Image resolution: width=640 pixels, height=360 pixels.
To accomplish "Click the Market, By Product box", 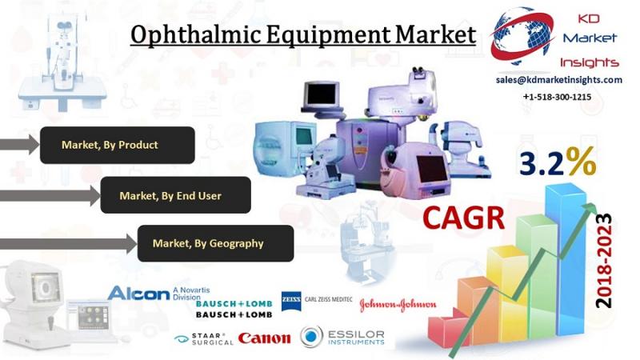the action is [117, 145].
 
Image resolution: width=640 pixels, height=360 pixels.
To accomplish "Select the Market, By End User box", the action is [175, 195].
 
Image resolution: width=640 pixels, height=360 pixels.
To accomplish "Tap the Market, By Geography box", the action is [215, 243].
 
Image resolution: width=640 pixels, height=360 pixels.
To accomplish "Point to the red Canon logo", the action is [265, 338].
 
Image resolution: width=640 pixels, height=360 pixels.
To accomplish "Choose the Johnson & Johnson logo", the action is [398, 305].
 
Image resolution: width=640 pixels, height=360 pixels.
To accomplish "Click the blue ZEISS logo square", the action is [291, 302].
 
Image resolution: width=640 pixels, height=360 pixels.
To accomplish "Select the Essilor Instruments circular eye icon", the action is [311, 336].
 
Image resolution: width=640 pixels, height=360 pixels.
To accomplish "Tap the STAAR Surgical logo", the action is [204, 338].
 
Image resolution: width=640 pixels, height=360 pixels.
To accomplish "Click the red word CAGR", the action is [464, 218].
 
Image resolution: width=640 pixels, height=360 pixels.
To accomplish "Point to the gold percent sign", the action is [581, 162].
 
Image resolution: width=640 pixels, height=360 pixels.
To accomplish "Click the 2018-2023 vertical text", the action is [604, 261].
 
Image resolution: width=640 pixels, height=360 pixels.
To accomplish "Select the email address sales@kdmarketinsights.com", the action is [558, 80].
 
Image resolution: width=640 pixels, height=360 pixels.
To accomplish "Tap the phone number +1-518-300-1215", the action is [557, 97].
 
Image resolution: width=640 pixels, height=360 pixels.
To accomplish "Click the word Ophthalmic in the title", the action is [195, 34].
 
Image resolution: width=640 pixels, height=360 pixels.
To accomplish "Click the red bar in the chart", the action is [444, 331].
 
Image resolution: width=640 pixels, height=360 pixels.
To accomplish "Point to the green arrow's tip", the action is [596, 204].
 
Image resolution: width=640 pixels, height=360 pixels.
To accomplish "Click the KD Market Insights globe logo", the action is [522, 37].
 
